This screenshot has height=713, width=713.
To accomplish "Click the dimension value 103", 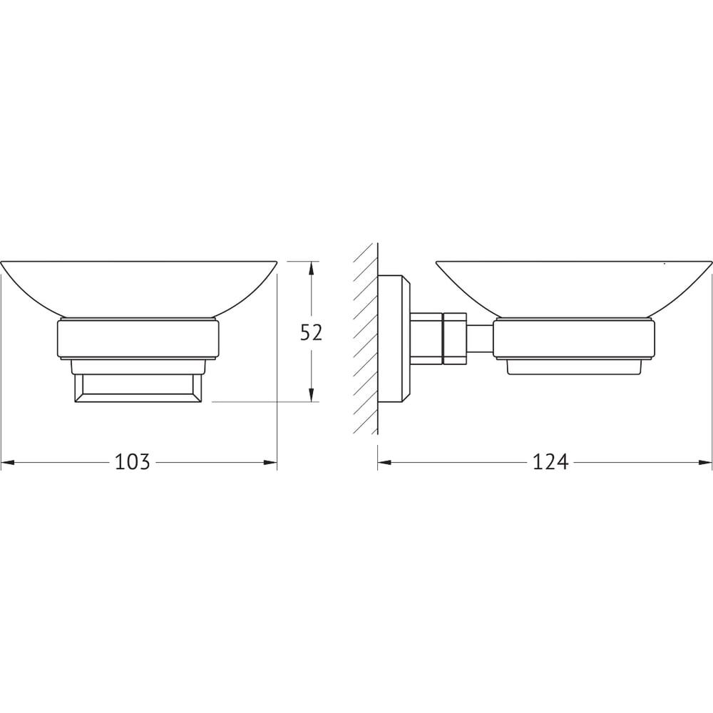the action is [132, 462].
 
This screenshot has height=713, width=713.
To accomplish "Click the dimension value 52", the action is [311, 332].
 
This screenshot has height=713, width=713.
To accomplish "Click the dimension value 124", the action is [550, 462].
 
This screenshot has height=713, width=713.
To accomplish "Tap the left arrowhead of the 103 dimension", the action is [8, 463].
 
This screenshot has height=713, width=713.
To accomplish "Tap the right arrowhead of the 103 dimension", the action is [270, 463].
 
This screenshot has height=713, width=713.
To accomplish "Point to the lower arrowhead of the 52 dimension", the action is [311, 395].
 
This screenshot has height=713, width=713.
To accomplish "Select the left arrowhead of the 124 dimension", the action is [384, 463].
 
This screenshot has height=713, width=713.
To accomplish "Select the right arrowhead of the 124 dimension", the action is [705, 463].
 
